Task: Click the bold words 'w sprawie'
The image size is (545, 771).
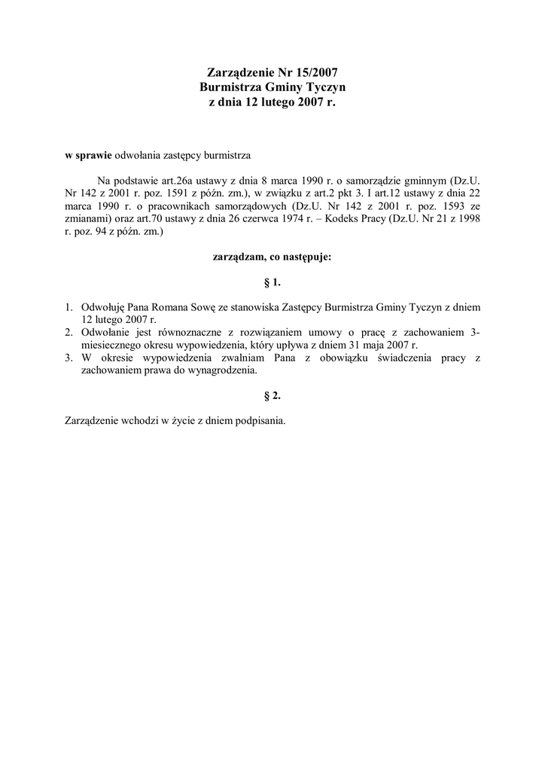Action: (x=88, y=155)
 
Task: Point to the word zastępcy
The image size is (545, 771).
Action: (x=184, y=155)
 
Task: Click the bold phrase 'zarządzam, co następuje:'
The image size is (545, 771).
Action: (x=272, y=256)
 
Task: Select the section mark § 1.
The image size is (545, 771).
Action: (x=272, y=282)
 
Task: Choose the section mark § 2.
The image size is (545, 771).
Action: (x=272, y=395)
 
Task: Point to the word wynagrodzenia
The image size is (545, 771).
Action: (x=223, y=370)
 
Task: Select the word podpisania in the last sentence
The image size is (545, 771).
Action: (x=260, y=420)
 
